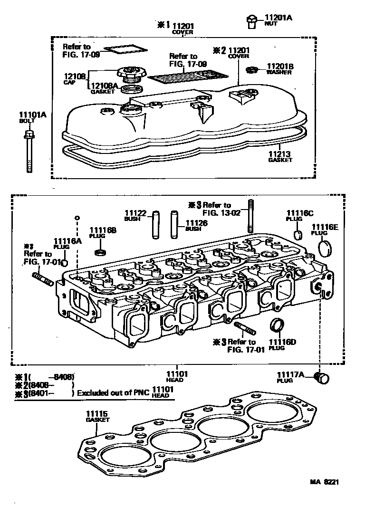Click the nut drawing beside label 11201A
point(251,20)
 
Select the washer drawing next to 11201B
point(251,70)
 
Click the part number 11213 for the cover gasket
point(279,154)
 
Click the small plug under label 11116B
point(100,251)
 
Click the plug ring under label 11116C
point(298,235)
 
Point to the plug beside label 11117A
point(324,378)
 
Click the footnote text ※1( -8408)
point(45,376)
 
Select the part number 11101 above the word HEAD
point(177,374)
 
